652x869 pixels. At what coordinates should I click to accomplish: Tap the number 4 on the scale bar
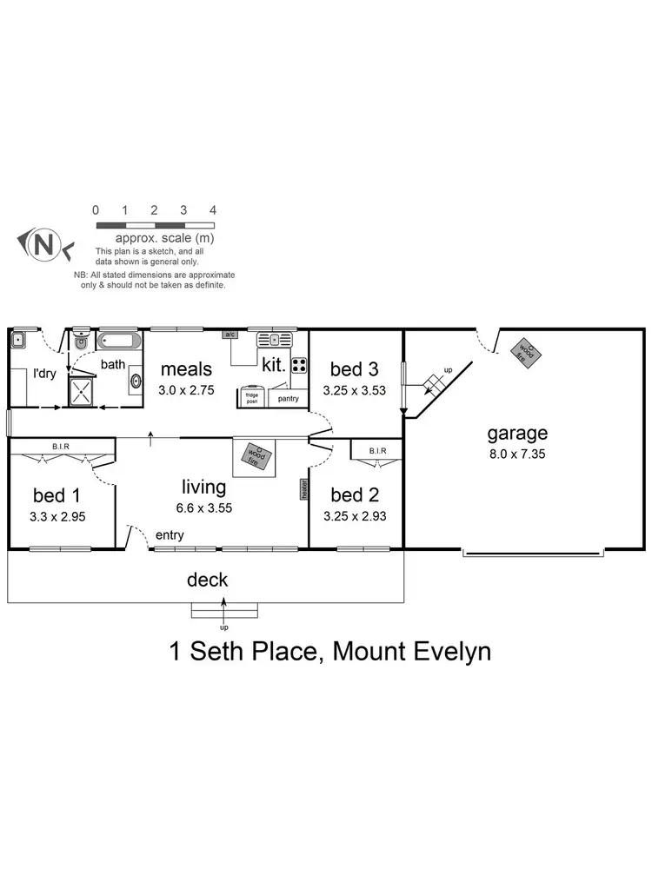[x=212, y=210]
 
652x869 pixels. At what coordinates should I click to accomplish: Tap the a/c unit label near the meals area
[x=230, y=335]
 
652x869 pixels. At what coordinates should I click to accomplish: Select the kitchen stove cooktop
[x=299, y=365]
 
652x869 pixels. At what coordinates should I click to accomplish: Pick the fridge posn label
[x=253, y=398]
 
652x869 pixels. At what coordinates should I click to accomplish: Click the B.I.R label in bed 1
[x=60, y=447]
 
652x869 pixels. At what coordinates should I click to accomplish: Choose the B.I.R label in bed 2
[x=376, y=450]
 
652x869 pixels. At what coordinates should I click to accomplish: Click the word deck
[x=206, y=579]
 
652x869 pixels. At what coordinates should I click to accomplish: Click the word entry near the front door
[x=170, y=535]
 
